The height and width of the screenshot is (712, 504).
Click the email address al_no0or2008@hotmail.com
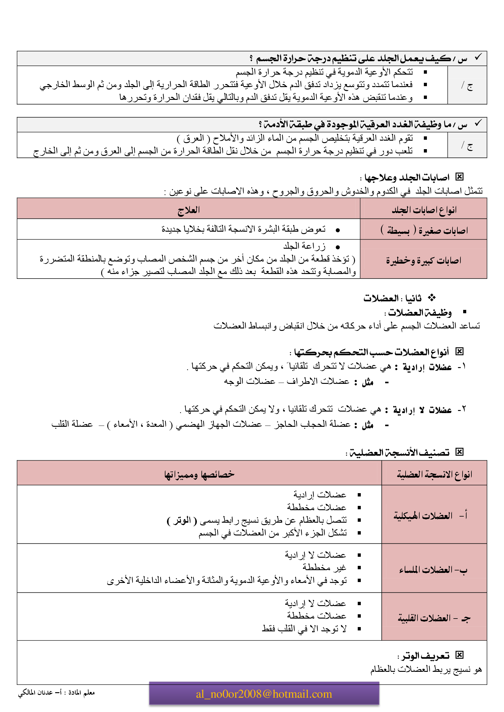click(264, 694)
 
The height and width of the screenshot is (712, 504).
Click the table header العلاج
click(188, 210)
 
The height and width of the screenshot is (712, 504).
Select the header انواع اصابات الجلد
click(424, 210)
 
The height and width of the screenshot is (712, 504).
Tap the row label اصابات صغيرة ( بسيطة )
click(424, 230)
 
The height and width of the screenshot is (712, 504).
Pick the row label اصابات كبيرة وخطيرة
click(424, 260)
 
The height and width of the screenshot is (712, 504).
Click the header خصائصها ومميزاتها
click(199, 474)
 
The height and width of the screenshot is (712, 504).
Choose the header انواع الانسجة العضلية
click(434, 474)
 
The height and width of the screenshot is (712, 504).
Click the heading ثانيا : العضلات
click(392, 298)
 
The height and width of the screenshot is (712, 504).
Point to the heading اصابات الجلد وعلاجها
click(407, 177)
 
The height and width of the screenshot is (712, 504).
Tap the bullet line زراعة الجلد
click(304, 246)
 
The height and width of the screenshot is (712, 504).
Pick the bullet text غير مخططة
click(324, 567)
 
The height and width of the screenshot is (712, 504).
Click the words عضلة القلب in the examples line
click(72, 424)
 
